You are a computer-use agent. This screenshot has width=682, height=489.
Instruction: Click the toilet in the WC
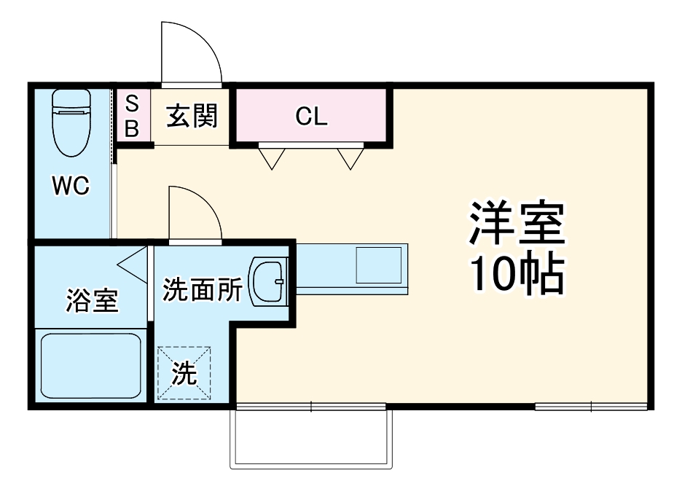point(71,122)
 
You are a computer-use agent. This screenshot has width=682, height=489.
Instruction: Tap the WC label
point(70,187)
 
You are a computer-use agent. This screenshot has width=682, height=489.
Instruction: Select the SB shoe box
point(132,116)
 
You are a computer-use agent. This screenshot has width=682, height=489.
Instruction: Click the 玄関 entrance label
point(192,116)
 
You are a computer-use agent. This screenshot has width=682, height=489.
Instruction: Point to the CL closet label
point(312,117)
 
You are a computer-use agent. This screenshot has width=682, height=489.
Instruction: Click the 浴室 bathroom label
point(92,300)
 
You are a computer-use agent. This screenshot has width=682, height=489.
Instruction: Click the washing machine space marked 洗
point(185,373)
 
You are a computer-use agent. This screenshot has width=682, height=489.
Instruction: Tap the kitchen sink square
point(378,265)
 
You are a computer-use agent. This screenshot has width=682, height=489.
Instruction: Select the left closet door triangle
point(271,157)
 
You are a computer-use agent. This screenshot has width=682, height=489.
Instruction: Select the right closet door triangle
point(350,157)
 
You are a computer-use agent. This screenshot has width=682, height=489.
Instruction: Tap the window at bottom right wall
point(591,406)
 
